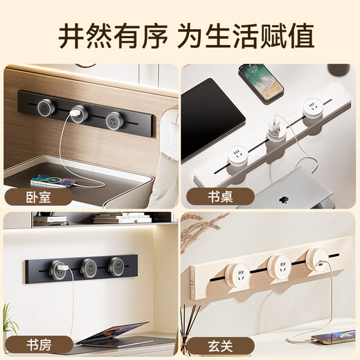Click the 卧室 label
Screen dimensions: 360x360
(x=38, y=197)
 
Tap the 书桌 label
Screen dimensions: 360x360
(x=220, y=197)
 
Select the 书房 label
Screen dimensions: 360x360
(x=38, y=345)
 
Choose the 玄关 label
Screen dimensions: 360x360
(x=220, y=345)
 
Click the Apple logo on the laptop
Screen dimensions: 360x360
(x=284, y=200)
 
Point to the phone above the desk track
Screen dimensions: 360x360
(x=261, y=82)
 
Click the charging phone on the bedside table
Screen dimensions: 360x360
(x=53, y=181)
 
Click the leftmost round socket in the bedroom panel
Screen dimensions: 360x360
(x=46, y=107)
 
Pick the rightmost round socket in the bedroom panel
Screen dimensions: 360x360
(x=115, y=120)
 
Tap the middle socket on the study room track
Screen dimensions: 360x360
(x=89, y=268)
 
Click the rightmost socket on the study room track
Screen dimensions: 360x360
(x=116, y=267)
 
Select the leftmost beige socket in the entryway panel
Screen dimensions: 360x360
(x=238, y=276)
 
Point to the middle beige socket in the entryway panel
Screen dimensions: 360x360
(x=280, y=266)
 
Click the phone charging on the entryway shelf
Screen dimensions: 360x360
(x=333, y=336)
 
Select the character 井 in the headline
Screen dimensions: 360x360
(x=72, y=36)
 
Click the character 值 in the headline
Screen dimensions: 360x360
(x=300, y=36)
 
